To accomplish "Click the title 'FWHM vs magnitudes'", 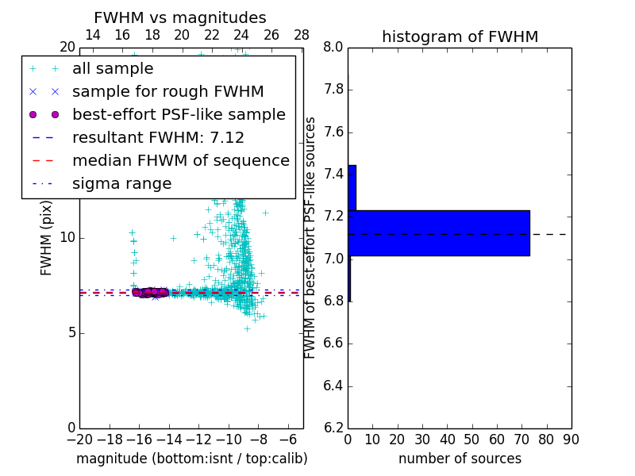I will pos(180,17).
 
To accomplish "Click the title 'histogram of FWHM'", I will pos(460,36).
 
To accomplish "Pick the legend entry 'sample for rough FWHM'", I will pos(167,92).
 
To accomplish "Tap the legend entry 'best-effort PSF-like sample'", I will pos(179,114).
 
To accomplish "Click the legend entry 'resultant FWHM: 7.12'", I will pos(158,137).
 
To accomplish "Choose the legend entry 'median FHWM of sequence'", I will pos(180,160).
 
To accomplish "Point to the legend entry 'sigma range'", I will pos(121,183).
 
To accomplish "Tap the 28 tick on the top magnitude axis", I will pos(302,35).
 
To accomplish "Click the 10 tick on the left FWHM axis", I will pos(67,238).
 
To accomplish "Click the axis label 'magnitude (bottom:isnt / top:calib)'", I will pos(191,459).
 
